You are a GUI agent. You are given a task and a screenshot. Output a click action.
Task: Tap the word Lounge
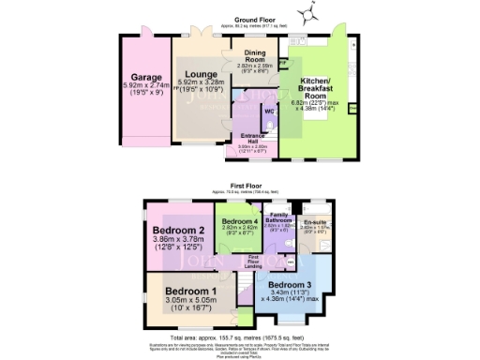coord(201,75)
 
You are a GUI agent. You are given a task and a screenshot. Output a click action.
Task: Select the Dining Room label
coord(255,56)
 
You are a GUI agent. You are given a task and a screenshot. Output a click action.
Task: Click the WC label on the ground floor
coord(268,113)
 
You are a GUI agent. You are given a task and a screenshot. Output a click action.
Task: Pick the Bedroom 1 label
coord(190,292)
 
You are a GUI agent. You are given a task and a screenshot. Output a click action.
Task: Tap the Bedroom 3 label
coord(289,284)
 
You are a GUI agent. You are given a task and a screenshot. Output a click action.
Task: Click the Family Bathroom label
coord(279,217)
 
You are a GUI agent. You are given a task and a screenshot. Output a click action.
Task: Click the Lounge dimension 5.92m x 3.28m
coord(201,85)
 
